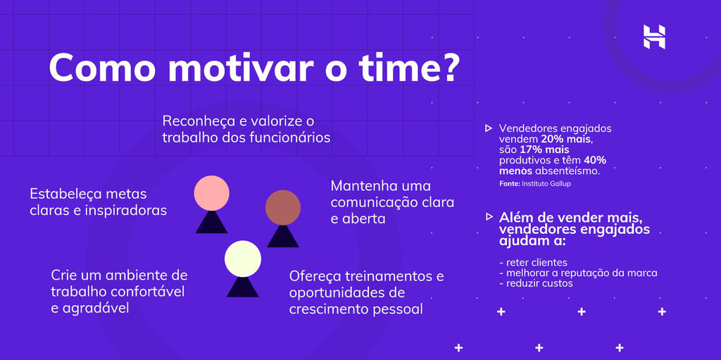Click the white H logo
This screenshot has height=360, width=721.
click(654, 37)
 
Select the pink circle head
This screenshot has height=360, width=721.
click(212, 193)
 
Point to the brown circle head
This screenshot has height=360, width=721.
click(283, 207)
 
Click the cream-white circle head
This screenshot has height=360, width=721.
click(243, 259)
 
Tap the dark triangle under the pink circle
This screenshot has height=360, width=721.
click(212, 223)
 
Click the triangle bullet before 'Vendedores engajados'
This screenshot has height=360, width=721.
click(489, 128)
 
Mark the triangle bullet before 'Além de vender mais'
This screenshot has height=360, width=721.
click(489, 216)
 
